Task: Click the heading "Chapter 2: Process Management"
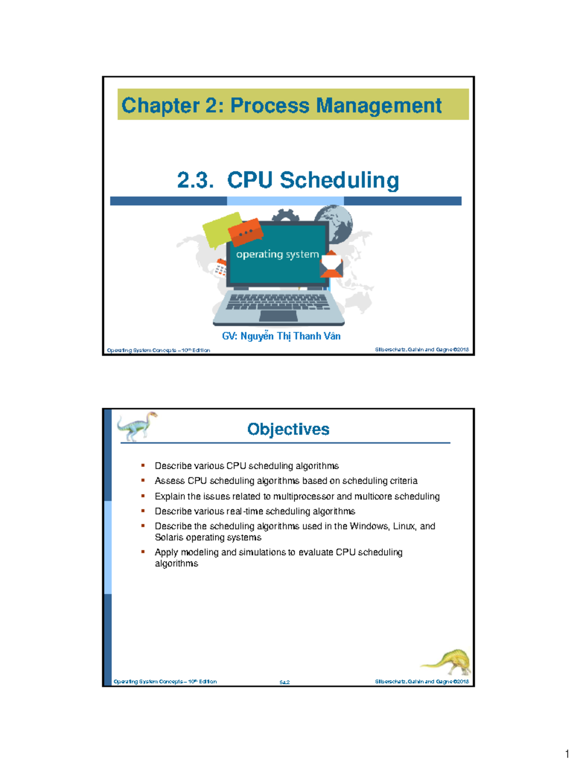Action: tap(281, 105)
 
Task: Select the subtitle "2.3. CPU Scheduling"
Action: tap(288, 180)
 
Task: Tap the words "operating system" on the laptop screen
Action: tap(277, 254)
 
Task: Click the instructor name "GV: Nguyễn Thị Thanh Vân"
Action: tap(281, 336)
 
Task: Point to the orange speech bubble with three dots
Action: tap(245, 232)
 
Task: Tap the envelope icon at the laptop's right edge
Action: tap(331, 265)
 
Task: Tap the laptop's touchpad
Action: tap(278, 316)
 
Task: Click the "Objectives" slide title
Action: tap(288, 429)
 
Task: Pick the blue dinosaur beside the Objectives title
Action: tap(137, 425)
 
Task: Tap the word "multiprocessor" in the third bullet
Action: tap(303, 496)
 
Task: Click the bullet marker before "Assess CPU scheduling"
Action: tap(143, 480)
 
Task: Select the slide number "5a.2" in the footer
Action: tap(285, 682)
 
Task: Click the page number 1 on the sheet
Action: tap(567, 754)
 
